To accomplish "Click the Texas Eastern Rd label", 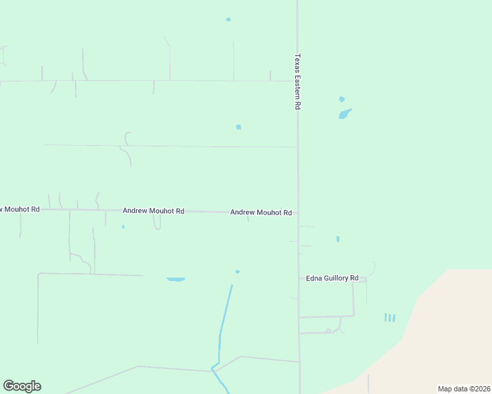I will [298, 81].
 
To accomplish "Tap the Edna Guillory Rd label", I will [332, 278].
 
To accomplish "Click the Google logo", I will [22, 386].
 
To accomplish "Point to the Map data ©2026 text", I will [464, 388].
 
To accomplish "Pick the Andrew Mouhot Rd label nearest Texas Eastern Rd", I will [261, 212].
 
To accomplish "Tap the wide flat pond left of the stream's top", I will [176, 279].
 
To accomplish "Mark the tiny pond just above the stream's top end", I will [237, 271].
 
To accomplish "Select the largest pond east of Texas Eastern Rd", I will [345, 114].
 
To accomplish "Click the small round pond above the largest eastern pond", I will [341, 99].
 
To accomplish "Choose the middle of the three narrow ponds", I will [389, 318].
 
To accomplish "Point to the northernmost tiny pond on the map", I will [228, 19].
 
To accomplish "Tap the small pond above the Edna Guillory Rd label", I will [337, 239].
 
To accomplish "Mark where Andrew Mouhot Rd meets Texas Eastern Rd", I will [298, 212].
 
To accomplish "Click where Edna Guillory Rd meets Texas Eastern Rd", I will [299, 279].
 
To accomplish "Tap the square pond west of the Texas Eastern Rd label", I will [238, 127].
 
